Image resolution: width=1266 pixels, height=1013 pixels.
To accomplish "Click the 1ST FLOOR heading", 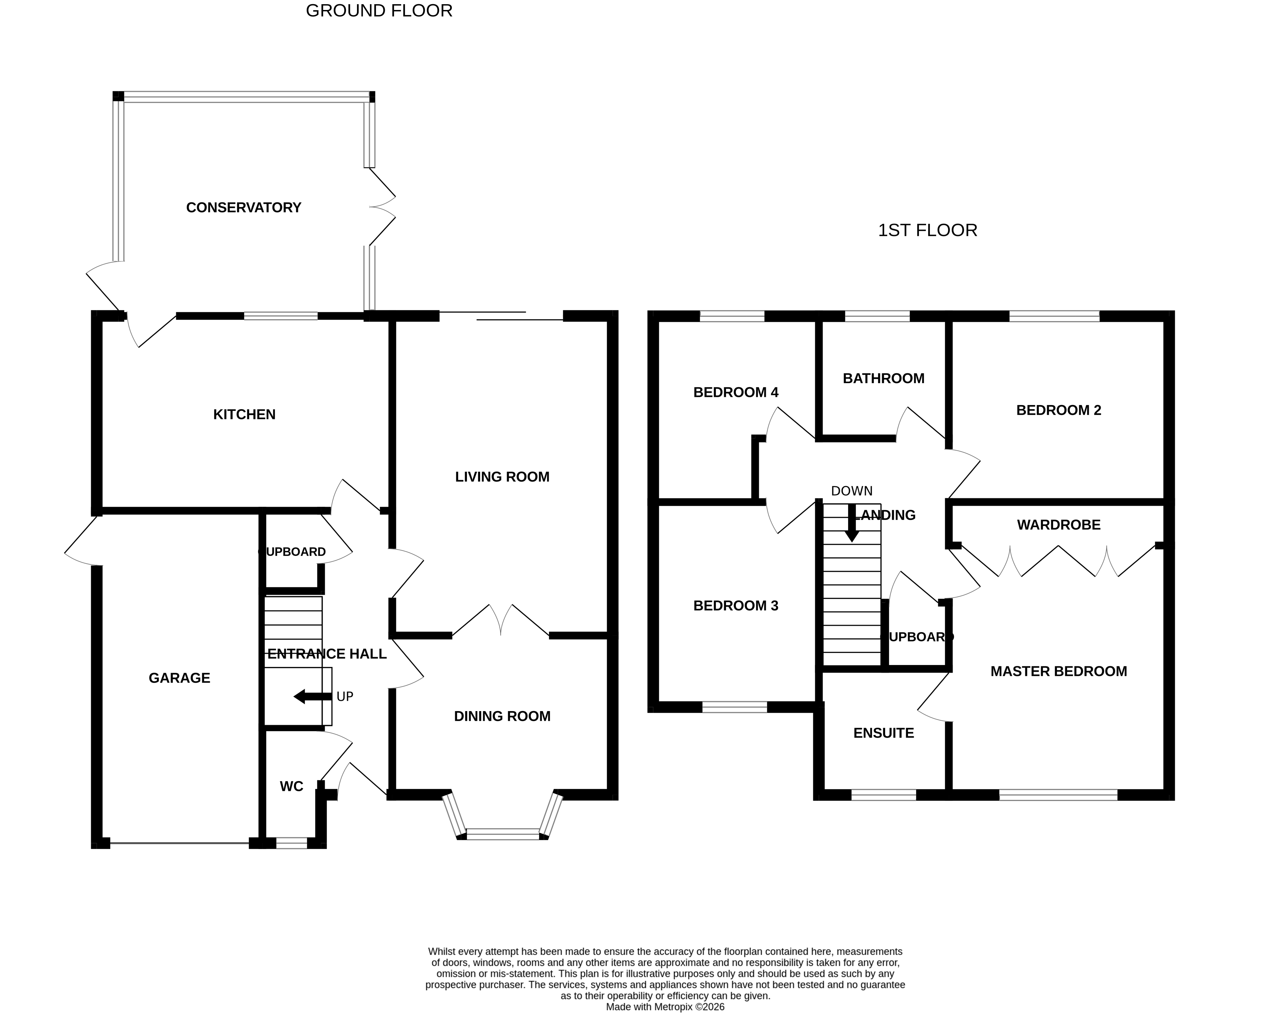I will pos(927,230).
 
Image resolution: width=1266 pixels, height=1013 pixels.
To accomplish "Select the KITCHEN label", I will pos(244,415).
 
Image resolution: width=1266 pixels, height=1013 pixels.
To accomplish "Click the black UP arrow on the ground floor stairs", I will pos(312,697).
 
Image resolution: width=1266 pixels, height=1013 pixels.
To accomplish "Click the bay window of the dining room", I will pos(503,833).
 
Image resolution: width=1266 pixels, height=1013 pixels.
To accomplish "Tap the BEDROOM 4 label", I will pos(735,392).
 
